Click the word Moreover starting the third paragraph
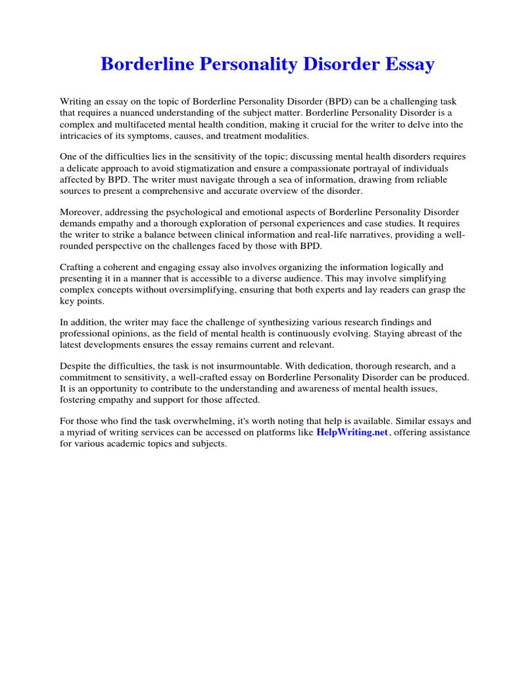[x=82, y=212]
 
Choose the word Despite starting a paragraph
[x=77, y=366]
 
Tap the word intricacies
[x=84, y=135]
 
